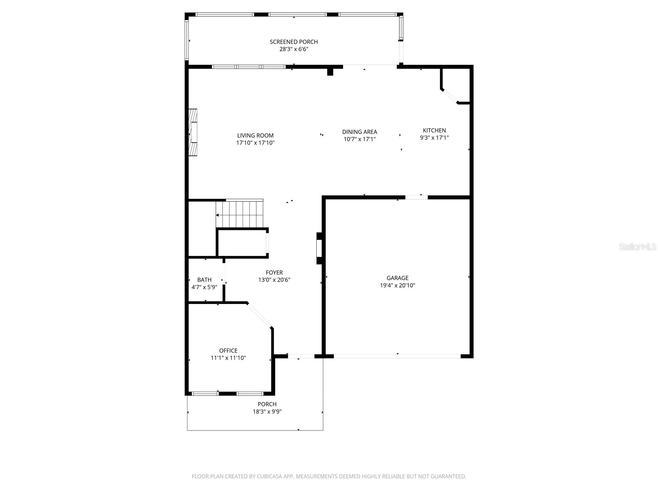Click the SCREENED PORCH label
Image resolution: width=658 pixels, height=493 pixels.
tap(294, 41)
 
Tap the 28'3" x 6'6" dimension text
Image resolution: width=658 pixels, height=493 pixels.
tap(294, 49)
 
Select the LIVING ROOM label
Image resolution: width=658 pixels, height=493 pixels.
tap(255, 136)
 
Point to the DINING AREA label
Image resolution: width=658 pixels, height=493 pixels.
tap(359, 132)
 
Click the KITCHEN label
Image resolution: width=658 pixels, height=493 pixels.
tap(434, 130)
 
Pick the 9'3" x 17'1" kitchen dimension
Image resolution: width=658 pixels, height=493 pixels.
tap(434, 138)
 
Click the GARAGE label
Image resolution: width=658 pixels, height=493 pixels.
tap(397, 278)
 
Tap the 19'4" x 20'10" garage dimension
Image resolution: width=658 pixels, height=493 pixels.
tap(397, 286)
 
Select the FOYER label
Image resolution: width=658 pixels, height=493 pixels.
tap(274, 272)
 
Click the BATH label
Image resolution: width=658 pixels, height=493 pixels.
tap(204, 280)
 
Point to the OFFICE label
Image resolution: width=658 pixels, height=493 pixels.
tap(228, 350)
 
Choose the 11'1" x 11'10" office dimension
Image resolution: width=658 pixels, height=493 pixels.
tap(228, 358)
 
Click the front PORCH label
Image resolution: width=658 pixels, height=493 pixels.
tap(267, 404)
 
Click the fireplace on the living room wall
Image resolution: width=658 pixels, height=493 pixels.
tap(192, 132)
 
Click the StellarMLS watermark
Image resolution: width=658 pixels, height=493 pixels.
tap(637, 247)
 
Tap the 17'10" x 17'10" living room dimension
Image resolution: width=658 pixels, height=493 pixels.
tap(255, 143)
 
